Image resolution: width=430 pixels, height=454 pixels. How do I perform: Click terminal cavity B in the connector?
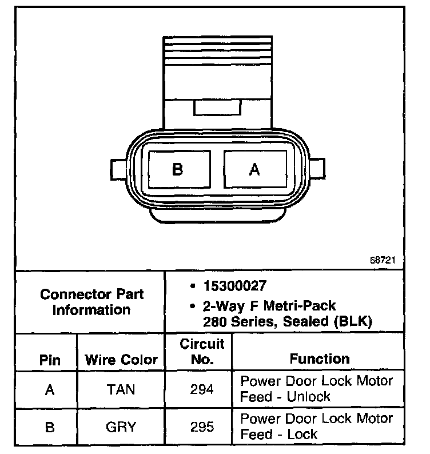click(178, 169)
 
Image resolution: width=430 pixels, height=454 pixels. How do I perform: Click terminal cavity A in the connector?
click(255, 169)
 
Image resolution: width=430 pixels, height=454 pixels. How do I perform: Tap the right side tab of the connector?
click(317, 170)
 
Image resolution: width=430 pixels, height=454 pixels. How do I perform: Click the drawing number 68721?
click(383, 259)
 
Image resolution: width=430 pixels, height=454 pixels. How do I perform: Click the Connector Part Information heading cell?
click(91, 302)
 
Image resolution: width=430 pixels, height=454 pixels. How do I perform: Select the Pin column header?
click(50, 360)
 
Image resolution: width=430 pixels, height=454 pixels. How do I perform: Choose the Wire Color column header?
click(121, 360)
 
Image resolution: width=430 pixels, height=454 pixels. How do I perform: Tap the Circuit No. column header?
click(202, 352)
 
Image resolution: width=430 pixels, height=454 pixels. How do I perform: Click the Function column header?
click(320, 359)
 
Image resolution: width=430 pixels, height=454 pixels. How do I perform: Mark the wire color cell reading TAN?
click(121, 389)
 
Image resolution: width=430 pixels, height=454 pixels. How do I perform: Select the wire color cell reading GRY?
click(121, 427)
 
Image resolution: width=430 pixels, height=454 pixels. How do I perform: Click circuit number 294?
click(202, 389)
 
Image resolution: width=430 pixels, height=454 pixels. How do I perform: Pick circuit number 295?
click(202, 427)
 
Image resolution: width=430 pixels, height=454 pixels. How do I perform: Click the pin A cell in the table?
click(50, 389)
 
